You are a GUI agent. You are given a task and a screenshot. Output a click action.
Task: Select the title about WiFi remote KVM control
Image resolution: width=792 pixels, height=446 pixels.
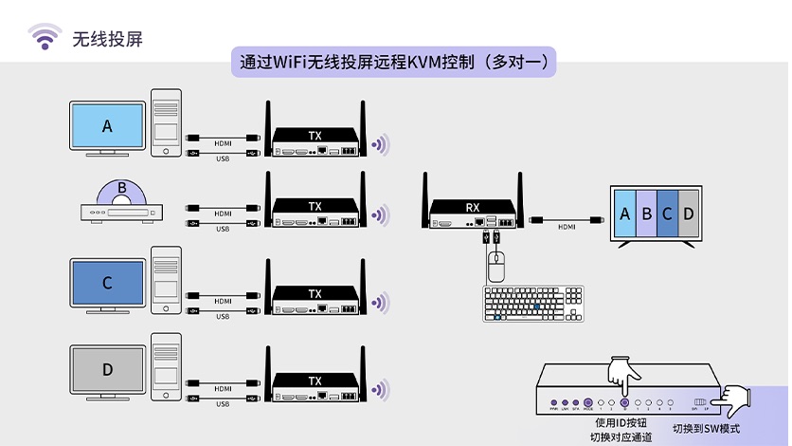(393, 63)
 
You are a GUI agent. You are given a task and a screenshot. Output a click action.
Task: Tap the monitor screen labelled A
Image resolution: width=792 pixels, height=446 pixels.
(107, 125)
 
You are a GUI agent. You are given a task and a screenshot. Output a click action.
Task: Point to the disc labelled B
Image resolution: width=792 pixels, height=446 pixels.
(121, 191)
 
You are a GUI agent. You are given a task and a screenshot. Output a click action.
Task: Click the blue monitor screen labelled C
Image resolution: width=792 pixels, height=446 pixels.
(107, 282)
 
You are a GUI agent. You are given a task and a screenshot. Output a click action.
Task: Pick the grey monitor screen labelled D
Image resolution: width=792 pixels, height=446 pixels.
(107, 368)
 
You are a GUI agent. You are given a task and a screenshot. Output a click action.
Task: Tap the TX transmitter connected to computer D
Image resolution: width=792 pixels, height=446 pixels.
(315, 387)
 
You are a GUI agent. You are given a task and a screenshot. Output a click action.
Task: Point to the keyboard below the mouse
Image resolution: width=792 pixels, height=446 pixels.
(533, 305)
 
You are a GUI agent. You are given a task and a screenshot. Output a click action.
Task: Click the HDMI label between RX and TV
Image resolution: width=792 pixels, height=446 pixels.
(567, 227)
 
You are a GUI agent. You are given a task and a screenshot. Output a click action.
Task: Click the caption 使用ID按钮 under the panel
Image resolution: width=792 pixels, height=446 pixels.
(621, 423)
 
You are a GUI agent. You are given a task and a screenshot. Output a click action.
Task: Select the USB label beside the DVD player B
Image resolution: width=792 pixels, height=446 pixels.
(222, 229)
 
